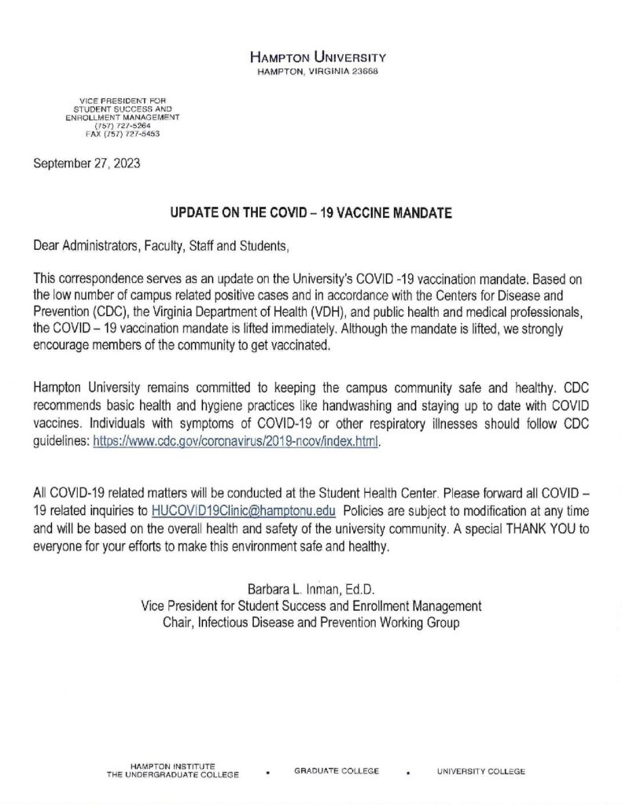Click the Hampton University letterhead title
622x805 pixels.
tap(317, 58)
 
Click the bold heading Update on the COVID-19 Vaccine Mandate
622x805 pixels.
tap(311, 213)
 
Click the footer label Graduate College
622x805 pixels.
tap(337, 771)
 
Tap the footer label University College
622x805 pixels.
tap(481, 771)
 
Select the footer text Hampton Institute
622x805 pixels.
tap(166, 766)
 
